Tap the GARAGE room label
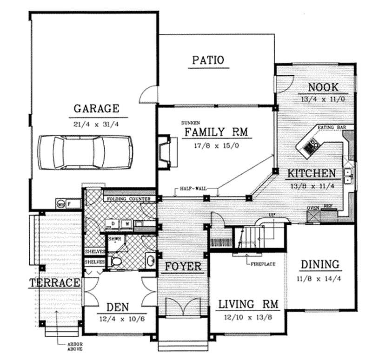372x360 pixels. [96, 109]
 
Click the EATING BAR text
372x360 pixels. [330, 127]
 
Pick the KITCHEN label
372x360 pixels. [311, 174]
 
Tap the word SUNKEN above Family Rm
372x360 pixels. [191, 123]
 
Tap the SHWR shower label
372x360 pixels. [115, 239]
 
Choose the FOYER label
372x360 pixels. [183, 267]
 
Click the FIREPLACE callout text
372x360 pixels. [263, 263]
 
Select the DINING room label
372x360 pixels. [319, 265]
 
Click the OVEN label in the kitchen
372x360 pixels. [312, 209]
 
